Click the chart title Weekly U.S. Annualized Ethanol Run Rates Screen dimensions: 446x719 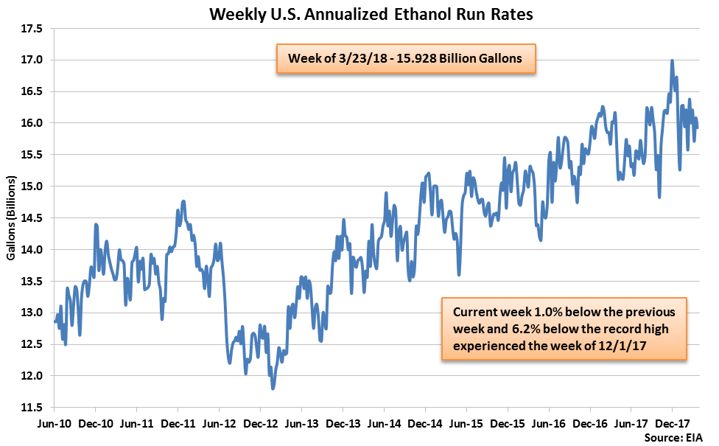[x=359, y=13]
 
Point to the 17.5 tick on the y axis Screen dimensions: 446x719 [x=32, y=29]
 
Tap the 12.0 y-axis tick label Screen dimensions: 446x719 [x=32, y=376]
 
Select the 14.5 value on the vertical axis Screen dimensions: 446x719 [x=32, y=218]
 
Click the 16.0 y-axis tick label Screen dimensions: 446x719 [x=32, y=123]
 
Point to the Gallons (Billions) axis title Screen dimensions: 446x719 [x=11, y=218]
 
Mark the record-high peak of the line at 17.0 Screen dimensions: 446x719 [x=672, y=61]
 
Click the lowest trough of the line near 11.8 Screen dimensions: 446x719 [x=273, y=388]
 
